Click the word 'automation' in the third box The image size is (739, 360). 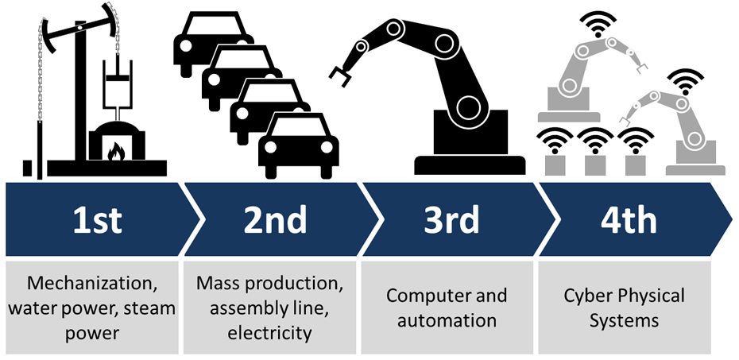click(447, 320)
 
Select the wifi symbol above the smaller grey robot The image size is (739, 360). click(684, 80)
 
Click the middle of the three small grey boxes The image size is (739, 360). click(594, 165)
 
